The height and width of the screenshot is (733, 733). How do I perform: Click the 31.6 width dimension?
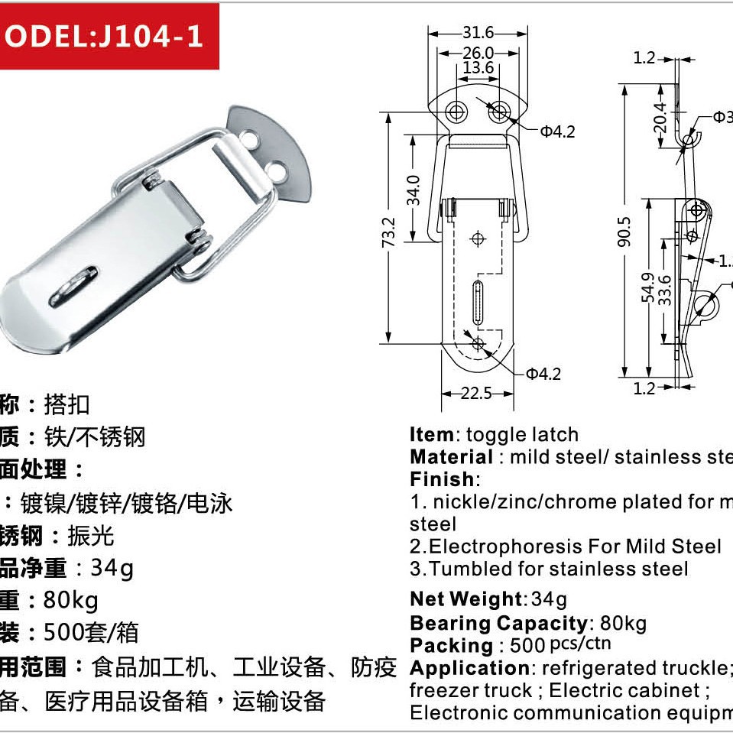click(478, 33)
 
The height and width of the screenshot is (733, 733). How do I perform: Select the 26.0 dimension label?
click(478, 53)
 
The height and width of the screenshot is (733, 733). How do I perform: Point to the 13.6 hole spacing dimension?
click(478, 68)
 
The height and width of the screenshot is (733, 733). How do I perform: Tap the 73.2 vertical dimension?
click(389, 232)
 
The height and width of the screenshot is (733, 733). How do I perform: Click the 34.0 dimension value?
click(414, 190)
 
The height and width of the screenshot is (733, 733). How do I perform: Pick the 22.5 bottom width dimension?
click(476, 393)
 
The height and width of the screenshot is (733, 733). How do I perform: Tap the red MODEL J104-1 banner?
click(109, 37)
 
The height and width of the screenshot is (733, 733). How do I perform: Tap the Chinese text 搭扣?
click(67, 404)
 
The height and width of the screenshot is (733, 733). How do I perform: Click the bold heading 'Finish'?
click(442, 479)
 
